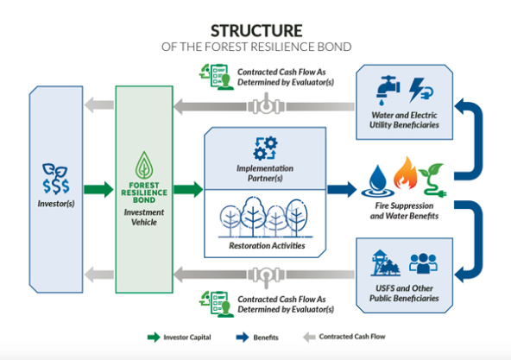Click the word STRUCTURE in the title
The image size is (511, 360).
point(256,31)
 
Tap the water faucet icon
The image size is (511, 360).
point(388,91)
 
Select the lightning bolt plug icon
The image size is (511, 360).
point(421,91)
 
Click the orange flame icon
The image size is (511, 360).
point(405,174)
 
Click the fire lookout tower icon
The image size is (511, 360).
point(385,263)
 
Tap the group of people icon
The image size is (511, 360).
point(423,263)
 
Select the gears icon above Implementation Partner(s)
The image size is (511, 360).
point(265,148)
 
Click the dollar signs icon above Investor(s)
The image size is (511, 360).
point(56,179)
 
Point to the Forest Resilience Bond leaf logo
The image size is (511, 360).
point(144,166)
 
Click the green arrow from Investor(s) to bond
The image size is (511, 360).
point(98,189)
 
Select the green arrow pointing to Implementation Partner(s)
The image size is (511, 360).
point(188,189)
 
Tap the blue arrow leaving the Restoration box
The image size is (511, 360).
point(342,189)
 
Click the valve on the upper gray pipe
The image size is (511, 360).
point(266,104)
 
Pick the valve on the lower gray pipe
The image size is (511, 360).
point(266,276)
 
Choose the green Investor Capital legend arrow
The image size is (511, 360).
point(154,338)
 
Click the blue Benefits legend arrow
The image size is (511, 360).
point(243,338)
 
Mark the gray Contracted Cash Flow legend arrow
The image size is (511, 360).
point(309,337)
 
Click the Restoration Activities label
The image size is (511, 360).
point(267,245)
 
